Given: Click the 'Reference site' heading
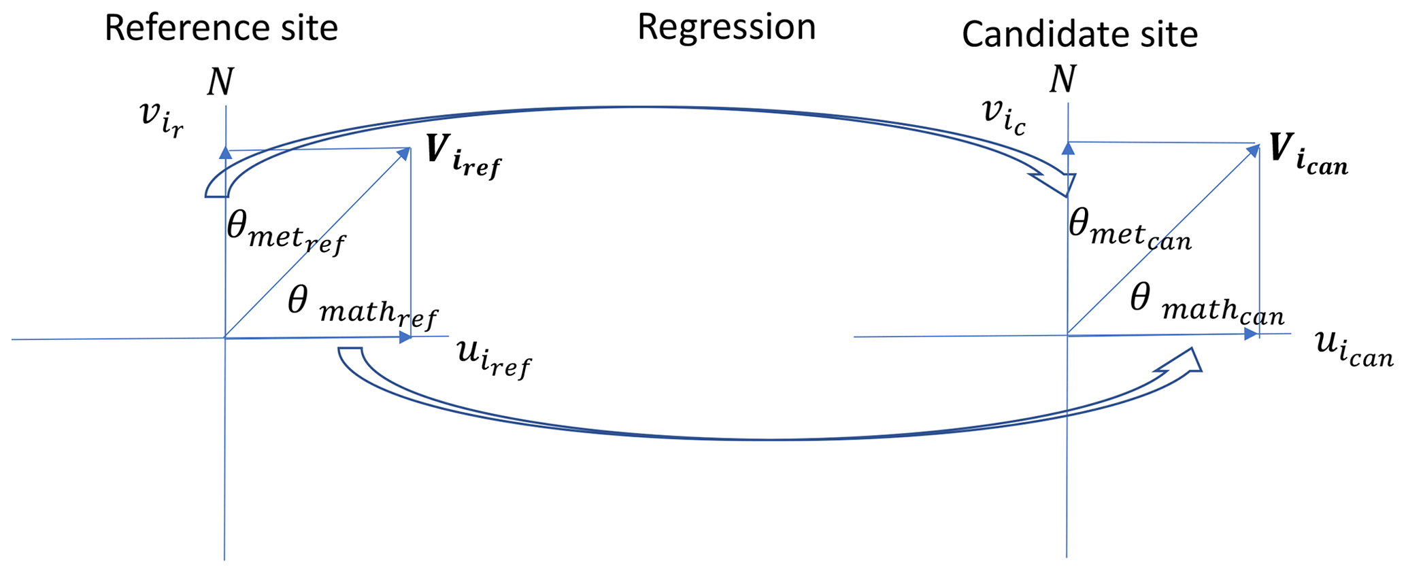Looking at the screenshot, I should [x=221, y=29].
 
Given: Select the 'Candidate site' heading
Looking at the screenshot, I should [x=1079, y=34].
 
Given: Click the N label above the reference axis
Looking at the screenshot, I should [x=220, y=83].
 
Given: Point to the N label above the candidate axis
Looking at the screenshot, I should [x=1063, y=80].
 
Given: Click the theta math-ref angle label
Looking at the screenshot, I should [x=363, y=308].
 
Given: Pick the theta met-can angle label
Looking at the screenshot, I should [x=1130, y=231].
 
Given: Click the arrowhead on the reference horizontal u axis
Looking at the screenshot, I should [x=406, y=337].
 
